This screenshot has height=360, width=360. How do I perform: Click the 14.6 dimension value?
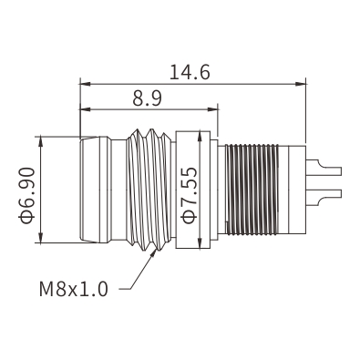click(190, 72)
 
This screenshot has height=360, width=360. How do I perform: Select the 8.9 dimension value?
click(147, 98)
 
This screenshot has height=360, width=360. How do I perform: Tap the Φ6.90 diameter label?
click(26, 195)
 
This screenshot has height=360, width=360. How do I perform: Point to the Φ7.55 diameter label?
click(189, 195)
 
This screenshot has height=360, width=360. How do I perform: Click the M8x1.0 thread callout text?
click(74, 289)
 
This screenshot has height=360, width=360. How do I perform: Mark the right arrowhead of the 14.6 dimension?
click(301, 84)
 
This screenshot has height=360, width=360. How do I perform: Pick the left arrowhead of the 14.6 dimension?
click(85, 84)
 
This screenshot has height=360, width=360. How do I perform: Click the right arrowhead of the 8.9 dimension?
click(213, 109)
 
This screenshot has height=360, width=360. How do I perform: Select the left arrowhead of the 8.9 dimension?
click(85, 109)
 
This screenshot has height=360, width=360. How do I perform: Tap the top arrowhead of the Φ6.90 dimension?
click(40, 142)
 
